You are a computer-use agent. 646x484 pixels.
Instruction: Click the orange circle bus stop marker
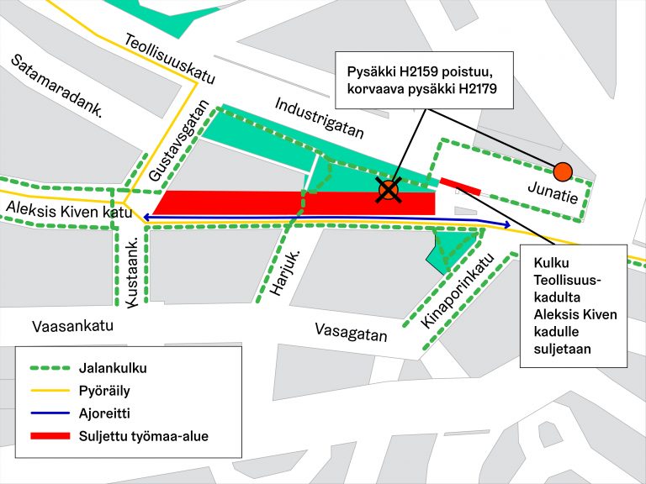(563, 172)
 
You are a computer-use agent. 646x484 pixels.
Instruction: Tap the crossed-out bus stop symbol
(388, 191)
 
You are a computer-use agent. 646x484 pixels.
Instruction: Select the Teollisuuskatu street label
(169, 59)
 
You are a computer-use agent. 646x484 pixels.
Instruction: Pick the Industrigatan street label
(320, 117)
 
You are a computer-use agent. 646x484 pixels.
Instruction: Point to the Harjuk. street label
(287, 273)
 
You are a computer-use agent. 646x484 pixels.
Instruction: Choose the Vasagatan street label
(352, 333)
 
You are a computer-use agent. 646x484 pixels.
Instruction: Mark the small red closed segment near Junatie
(459, 186)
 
